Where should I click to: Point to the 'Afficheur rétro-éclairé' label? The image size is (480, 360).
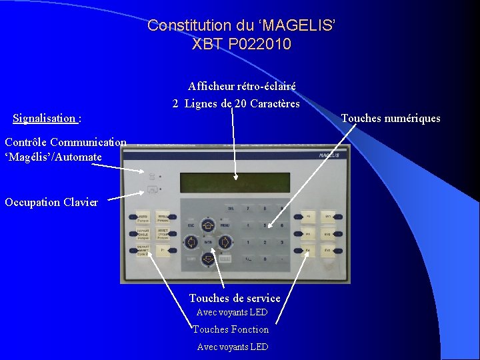[x=241, y=86]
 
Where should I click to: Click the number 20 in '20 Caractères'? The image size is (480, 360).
[x=241, y=103]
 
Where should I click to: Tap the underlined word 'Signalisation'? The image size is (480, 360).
[x=44, y=119]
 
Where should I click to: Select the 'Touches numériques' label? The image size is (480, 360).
[x=391, y=118]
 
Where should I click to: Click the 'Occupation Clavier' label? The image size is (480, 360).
[x=51, y=202]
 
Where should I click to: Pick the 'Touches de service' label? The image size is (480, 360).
[x=235, y=298]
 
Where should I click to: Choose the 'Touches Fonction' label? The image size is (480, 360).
[x=231, y=329]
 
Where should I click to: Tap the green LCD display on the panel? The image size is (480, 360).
[x=235, y=182]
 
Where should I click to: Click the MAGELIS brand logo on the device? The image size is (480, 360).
[x=328, y=155]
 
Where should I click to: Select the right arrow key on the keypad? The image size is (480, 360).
[x=225, y=241]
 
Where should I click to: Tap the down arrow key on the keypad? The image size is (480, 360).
[x=207, y=258]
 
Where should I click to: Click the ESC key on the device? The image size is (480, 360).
[x=191, y=227]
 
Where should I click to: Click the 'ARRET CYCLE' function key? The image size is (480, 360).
[x=163, y=233]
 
